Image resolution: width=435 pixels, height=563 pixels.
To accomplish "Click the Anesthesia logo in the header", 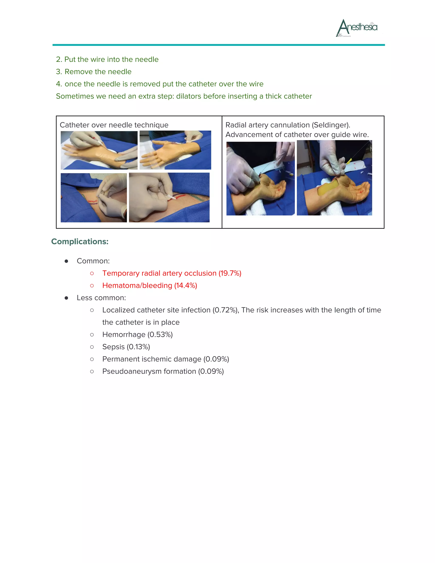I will click(357, 28).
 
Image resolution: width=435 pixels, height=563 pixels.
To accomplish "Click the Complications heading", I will click(80, 242).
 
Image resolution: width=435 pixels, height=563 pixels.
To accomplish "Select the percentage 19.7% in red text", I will click(230, 273).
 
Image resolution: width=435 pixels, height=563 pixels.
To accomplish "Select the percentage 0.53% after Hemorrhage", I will click(160, 335).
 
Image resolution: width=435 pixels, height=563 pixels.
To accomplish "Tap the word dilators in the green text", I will click(189, 96).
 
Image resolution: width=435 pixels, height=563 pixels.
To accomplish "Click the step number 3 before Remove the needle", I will click(58, 72).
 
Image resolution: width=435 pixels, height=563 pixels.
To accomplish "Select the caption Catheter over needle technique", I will click(114, 125).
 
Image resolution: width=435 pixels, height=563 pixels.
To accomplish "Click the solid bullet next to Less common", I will click(66, 298).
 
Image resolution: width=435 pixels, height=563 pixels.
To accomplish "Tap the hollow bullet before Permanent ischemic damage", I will click(92, 359).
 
